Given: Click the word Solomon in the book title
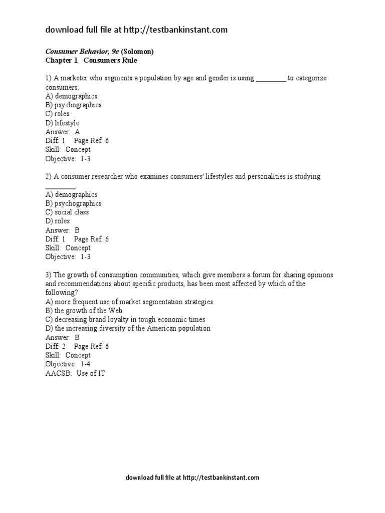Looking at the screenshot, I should point(138,52).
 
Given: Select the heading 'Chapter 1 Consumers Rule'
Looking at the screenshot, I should point(91,61).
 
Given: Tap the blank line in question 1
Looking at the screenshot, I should point(271,79).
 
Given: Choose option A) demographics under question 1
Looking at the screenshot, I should point(71,96).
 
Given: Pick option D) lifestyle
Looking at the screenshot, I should point(62,123).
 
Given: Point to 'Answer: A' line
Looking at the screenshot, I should point(63,132).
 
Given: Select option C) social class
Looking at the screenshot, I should point(67,212).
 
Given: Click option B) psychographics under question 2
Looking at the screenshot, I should point(73,203).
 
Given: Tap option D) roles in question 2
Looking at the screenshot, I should point(58,221).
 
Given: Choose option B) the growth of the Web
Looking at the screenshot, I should point(84,311).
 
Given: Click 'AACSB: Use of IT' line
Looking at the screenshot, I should point(75,373).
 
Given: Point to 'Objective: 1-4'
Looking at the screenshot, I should point(68,364).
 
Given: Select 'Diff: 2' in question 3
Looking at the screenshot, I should point(56,346).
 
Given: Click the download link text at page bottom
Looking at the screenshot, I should point(192,478).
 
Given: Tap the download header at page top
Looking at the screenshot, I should point(136,30).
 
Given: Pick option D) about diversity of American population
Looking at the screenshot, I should point(128,329).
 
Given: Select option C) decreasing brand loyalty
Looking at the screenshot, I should point(125,320).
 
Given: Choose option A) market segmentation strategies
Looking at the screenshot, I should point(129,302).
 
